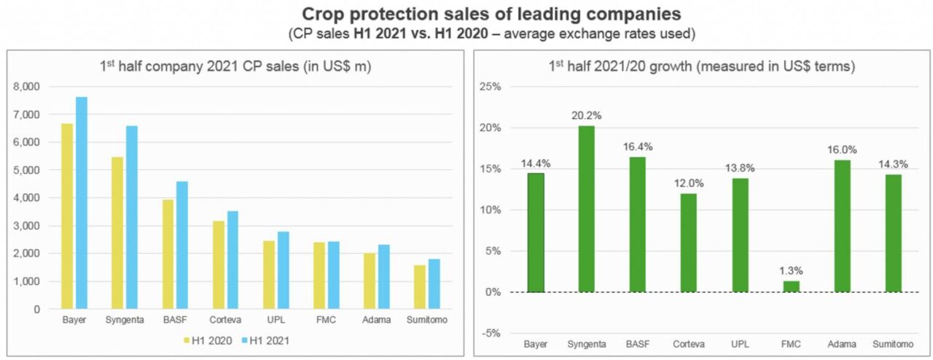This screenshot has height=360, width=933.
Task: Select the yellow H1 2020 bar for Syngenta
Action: pyautogui.click(x=117, y=232)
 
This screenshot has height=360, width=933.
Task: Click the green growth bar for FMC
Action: pyautogui.click(x=792, y=286)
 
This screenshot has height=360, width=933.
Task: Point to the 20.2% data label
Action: pyautogui.click(x=587, y=116)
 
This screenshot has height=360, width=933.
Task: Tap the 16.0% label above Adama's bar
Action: pyautogui.click(x=843, y=150)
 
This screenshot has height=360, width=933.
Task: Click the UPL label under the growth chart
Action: pyautogui.click(x=740, y=343)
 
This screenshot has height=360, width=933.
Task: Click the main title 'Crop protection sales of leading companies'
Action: pyautogui.click(x=466, y=15)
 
